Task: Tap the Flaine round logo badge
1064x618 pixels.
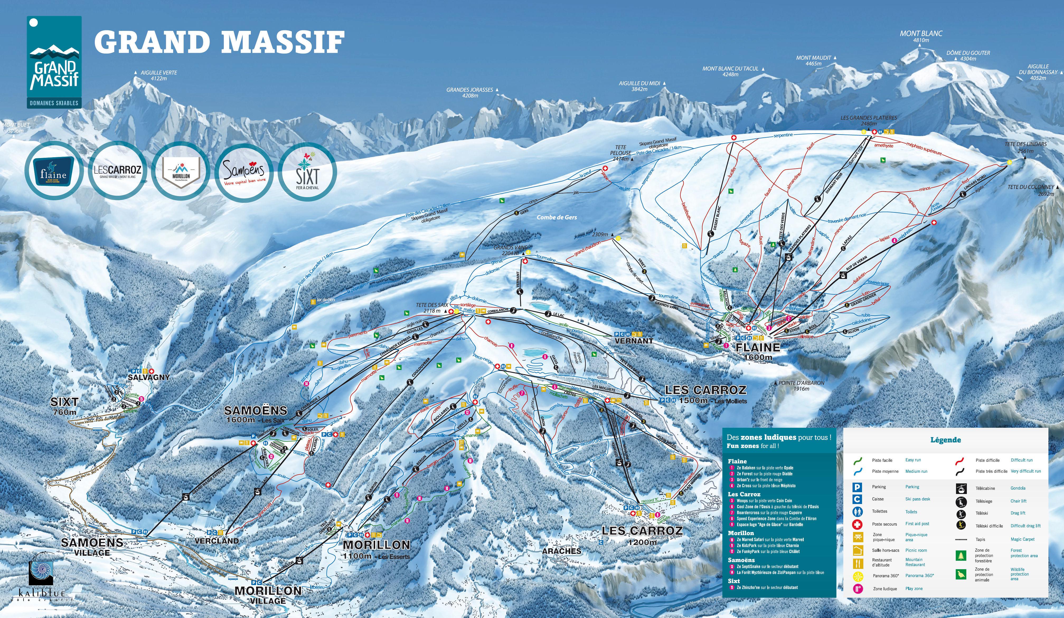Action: (54, 170)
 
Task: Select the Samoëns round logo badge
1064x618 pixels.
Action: (244, 170)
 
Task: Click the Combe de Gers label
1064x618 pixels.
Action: (557, 217)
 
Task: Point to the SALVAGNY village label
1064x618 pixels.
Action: (149, 377)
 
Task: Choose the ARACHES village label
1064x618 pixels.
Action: (562, 551)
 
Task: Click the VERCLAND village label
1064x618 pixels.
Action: (216, 541)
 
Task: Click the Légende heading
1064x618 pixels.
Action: (945, 440)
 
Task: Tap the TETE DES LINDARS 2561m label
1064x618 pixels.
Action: (1025, 147)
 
